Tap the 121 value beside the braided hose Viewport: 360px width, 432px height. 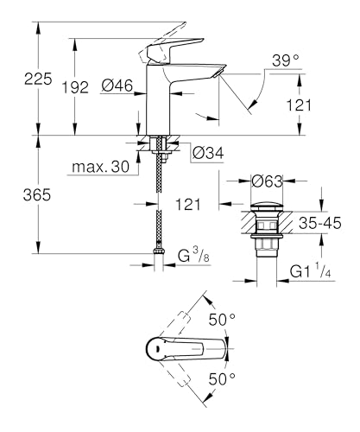click(x=189, y=204)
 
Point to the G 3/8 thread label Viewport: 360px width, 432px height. click(x=194, y=257)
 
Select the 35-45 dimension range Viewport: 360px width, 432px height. click(x=324, y=223)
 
